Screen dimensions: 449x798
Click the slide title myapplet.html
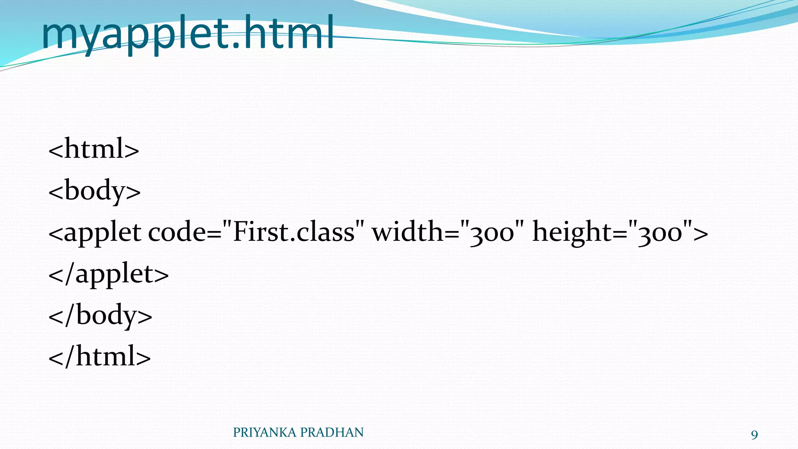click(x=187, y=33)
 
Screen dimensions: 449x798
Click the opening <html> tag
click(x=94, y=149)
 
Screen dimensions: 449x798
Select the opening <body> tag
click(x=94, y=191)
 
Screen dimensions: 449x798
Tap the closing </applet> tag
click(x=108, y=274)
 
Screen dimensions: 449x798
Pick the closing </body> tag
click(x=100, y=315)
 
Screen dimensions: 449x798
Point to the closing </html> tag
click(x=99, y=356)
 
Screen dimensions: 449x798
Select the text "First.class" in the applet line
click(x=294, y=232)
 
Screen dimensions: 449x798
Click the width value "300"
click(x=492, y=233)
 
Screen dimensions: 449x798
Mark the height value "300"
click(x=660, y=233)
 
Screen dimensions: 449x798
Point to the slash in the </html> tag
click(x=69, y=356)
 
